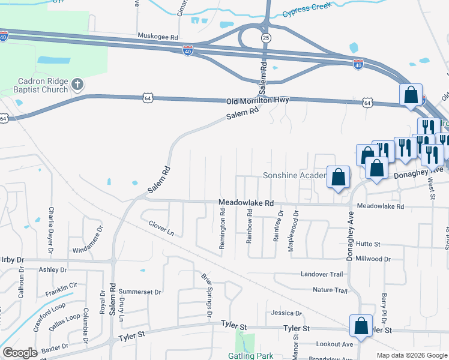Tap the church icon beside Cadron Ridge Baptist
pyautogui.click(x=77, y=84)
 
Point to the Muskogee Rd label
pyautogui.click(x=158, y=37)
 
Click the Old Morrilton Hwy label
pyautogui.click(x=258, y=101)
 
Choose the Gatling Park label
pyautogui.click(x=251, y=356)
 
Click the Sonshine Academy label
pyautogui.click(x=294, y=176)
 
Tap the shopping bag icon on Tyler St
pyautogui.click(x=361, y=325)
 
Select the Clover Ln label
pyautogui.click(x=161, y=228)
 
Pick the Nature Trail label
pyautogui.click(x=330, y=290)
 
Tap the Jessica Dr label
pyautogui.click(x=286, y=313)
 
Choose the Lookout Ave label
pyautogui.click(x=334, y=344)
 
